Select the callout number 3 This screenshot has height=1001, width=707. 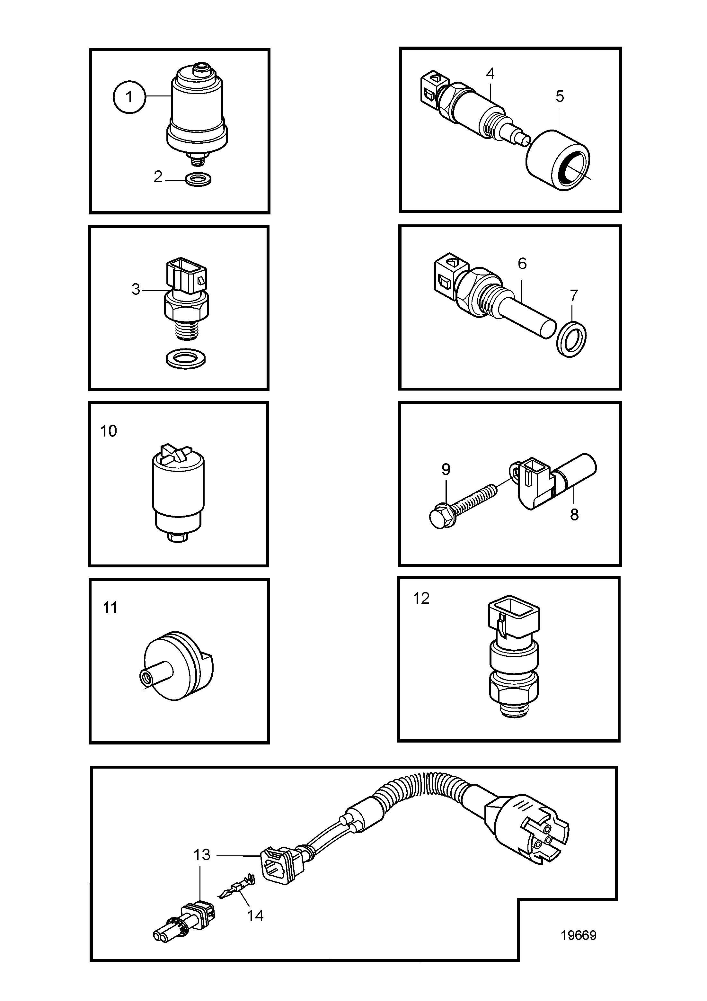tap(136, 289)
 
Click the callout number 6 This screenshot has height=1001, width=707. tap(522, 263)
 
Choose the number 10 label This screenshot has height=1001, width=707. tap(109, 431)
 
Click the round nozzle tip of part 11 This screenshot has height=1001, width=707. tap(146, 678)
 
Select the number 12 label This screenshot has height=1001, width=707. tap(421, 598)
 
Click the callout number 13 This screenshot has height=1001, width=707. tap(202, 855)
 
